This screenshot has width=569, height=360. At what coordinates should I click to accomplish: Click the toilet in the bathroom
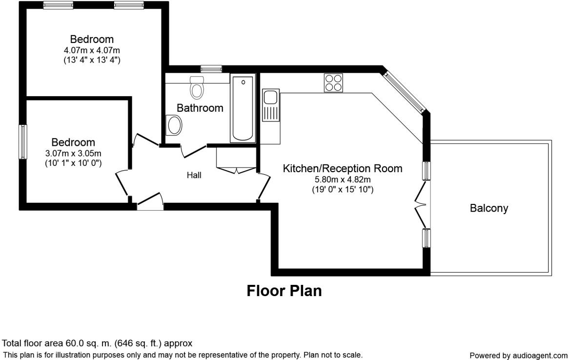click(197, 87)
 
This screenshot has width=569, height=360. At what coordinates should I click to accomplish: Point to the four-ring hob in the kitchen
click(333, 82)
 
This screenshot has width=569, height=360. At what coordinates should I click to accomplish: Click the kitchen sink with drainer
click(270, 105)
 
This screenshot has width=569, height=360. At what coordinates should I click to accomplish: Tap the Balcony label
click(488, 208)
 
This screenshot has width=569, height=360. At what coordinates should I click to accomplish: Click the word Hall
click(194, 175)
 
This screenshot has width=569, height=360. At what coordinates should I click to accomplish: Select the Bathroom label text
click(200, 108)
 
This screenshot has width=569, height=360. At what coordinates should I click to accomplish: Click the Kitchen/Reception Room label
click(343, 169)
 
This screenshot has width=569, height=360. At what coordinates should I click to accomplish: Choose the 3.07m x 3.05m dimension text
click(73, 153)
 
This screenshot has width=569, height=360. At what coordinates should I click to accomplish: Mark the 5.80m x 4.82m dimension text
click(343, 180)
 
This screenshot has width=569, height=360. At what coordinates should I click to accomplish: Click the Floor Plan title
click(284, 291)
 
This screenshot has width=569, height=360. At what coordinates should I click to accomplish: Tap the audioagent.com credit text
click(518, 356)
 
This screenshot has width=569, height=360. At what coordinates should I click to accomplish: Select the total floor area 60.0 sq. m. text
click(98, 343)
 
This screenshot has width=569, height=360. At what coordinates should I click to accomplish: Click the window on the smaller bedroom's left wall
click(23, 141)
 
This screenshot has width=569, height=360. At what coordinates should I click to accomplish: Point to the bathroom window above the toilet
click(211, 69)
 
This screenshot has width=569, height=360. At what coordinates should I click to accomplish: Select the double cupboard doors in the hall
click(236, 170)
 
